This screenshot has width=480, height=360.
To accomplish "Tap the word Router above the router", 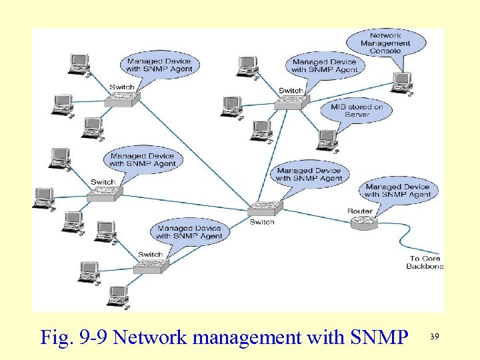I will [360, 211].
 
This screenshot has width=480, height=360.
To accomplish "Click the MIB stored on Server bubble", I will [357, 111].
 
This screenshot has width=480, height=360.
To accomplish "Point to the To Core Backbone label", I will [425, 262].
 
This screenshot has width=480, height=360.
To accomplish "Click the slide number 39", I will [435, 337].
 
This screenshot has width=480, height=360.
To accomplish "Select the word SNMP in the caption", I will [379, 337].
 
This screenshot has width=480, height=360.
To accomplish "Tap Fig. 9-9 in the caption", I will [75, 337].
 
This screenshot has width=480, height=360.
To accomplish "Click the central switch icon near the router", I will [265, 208].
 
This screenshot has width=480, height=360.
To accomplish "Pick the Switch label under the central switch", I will [262, 222].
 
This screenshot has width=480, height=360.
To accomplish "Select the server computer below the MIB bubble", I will [327, 139].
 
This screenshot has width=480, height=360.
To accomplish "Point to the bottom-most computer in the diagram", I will [118, 295].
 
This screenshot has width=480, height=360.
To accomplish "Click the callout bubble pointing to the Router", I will [397, 191].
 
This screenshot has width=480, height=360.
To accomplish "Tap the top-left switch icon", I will [122, 99].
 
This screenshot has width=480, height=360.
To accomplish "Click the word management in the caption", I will [249, 337].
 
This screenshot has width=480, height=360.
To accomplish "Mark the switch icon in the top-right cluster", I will [291, 102].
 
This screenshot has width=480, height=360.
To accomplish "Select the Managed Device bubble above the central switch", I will [309, 175].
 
